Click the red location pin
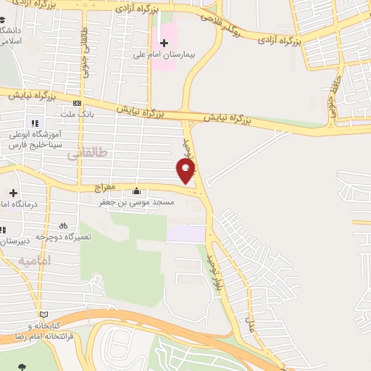(186, 171)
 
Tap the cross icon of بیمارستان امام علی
(164, 43)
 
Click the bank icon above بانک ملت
(76, 103)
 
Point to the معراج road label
(106, 187)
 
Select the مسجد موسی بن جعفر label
(138, 204)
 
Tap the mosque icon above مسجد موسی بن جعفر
(137, 192)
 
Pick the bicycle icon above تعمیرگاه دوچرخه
(64, 225)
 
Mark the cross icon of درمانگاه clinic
(14, 192)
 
